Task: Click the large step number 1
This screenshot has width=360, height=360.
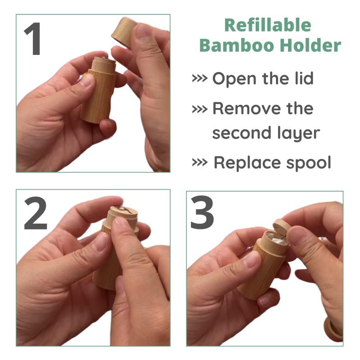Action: (x=33, y=39)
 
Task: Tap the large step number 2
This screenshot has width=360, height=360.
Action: (x=36, y=213)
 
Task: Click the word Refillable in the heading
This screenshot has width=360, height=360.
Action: (x=268, y=25)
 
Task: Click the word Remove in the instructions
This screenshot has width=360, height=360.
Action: (x=247, y=108)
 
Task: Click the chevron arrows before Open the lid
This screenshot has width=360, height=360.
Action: (x=200, y=78)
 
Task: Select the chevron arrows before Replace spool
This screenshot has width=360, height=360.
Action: (x=200, y=162)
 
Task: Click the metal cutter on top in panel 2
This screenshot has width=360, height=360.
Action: (x=122, y=209)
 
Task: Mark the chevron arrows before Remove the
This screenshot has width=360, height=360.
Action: (x=200, y=109)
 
